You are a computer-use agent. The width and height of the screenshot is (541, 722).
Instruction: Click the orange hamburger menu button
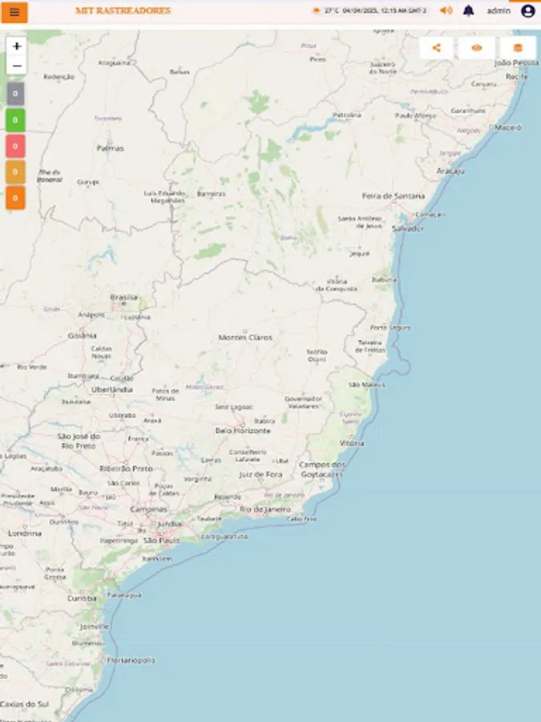point(14,12)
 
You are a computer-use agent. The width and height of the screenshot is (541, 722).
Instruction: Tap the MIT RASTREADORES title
point(123,11)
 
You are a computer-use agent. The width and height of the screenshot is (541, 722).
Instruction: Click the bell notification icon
point(468,11)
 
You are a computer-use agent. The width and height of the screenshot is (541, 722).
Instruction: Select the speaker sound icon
point(446,11)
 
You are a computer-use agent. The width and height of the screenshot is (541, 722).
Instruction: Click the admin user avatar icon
point(527,11)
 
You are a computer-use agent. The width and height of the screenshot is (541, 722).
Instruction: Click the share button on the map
point(436,48)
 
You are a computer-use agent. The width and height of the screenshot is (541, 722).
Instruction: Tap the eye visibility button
point(477,48)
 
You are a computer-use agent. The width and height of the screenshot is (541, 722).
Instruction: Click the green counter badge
point(15,120)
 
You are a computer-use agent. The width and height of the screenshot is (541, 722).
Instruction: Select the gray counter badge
point(15,94)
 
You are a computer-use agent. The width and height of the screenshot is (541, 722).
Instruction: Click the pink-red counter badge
point(15,146)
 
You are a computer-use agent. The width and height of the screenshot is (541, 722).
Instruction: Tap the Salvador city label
point(407,229)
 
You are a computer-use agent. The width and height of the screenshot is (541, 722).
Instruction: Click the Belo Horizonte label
point(243,431)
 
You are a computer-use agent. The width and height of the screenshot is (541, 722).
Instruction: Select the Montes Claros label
point(245,338)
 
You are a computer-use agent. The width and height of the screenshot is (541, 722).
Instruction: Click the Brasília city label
point(123,297)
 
